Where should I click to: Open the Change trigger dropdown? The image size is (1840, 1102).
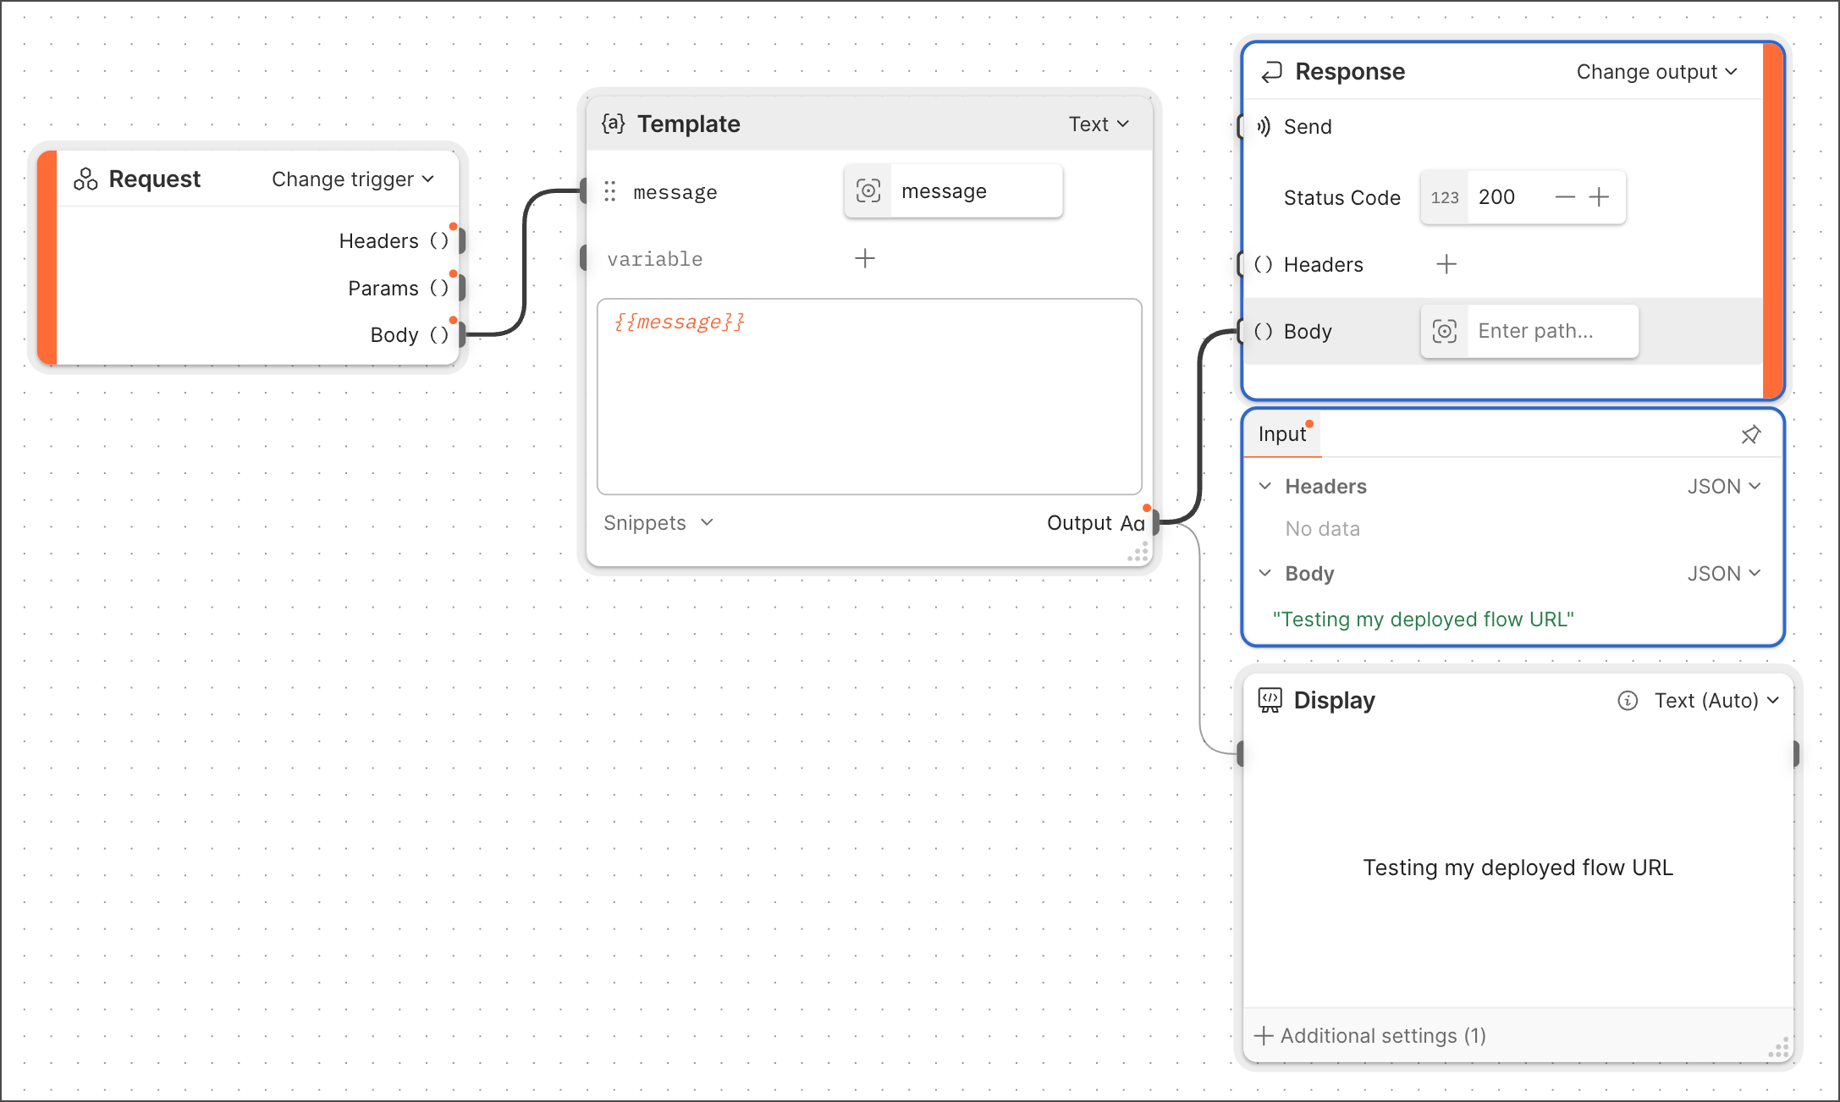coord(353,179)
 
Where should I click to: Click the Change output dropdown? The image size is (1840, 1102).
coord(1656,72)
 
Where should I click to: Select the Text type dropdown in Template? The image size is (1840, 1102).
coord(1099,124)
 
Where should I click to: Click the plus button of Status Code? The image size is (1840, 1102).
coord(1599,197)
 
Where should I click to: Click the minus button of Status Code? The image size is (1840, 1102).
coord(1565,197)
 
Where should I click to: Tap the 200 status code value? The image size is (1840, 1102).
coord(1496,197)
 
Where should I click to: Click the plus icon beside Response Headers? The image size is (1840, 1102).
coord(1446,265)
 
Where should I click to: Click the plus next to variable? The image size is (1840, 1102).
coord(865,258)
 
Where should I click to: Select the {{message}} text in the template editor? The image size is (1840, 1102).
coord(680,322)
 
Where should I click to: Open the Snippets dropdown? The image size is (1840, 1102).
coord(658,523)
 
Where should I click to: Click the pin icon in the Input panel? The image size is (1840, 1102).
coord(1751,434)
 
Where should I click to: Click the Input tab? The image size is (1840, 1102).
coord(1282,434)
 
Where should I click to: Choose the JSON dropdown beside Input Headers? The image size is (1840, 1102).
coord(1724,487)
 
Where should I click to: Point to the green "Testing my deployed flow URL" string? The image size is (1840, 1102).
coord(1423,620)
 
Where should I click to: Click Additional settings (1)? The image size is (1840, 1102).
coord(1371,1036)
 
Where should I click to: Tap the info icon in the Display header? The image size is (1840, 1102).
coord(1628,701)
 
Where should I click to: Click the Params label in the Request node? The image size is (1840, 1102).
coord(383,289)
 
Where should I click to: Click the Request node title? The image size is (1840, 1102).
coord(155,179)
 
